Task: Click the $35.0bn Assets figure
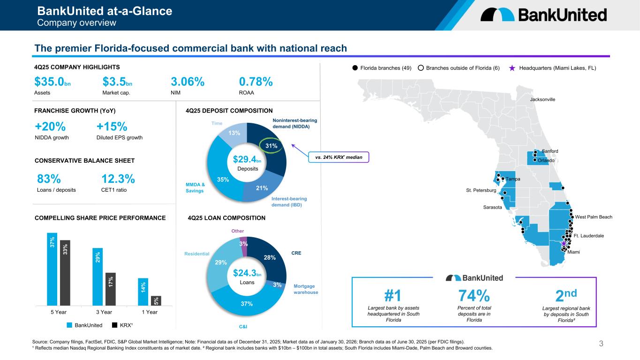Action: (53, 82)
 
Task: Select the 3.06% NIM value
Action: (188, 82)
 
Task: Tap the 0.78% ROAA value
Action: (256, 82)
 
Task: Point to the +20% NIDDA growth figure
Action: (50, 127)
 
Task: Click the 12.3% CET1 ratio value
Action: (118, 179)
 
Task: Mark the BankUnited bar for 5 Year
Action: (52, 269)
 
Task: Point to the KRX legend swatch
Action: (115, 324)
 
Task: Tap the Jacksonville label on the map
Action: (542, 99)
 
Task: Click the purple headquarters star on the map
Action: (564, 243)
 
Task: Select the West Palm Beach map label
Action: (594, 217)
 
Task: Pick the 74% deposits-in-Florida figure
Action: (474, 296)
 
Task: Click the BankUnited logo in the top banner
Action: (543, 15)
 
